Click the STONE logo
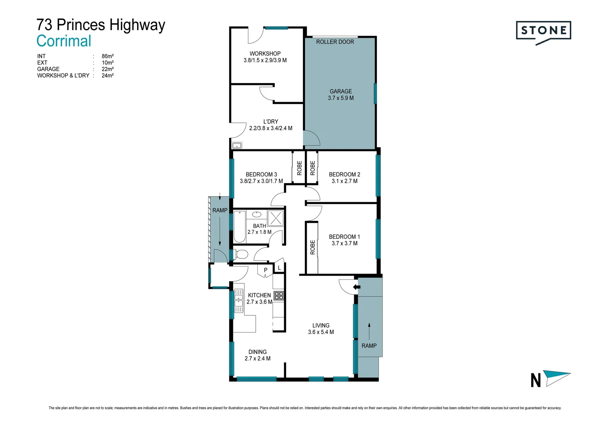pyautogui.click(x=543, y=31)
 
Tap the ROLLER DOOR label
pyautogui.click(x=335, y=42)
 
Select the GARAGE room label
pyautogui.click(x=341, y=91)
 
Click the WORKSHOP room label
pyautogui.click(x=265, y=54)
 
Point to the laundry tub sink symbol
pyautogui.click(x=237, y=145)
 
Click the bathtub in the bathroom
pyautogui.click(x=240, y=226)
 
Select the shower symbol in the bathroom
pyautogui.click(x=275, y=218)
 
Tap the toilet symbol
pyautogui.click(x=240, y=254)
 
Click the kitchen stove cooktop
pyautogui.click(x=279, y=296)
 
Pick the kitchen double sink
pyautogui.click(x=238, y=301)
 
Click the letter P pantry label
pyautogui.click(x=266, y=270)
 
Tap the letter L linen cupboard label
pyautogui.click(x=279, y=268)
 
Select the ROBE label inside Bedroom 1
pyautogui.click(x=312, y=247)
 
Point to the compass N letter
pyautogui.click(x=536, y=380)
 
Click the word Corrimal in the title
pyautogui.click(x=64, y=41)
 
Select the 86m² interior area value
pyautogui.click(x=107, y=56)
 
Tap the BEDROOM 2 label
pyautogui.click(x=345, y=174)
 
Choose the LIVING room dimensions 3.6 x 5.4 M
pyautogui.click(x=321, y=332)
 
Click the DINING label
pyautogui.click(x=257, y=352)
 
